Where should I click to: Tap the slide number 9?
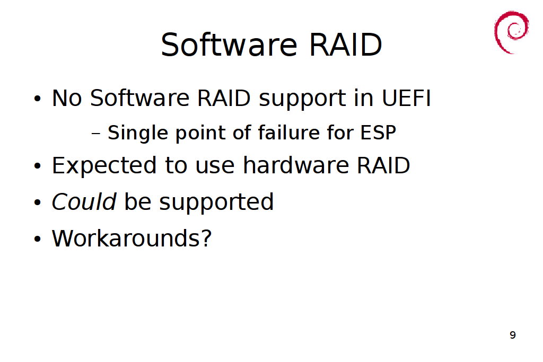click(x=513, y=335)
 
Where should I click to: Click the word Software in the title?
click(x=229, y=45)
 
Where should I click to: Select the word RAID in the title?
click(x=345, y=45)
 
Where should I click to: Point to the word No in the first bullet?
click(x=67, y=98)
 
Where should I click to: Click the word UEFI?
click(x=407, y=98)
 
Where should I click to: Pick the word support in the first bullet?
click(x=302, y=100)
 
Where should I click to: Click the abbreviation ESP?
click(x=378, y=133)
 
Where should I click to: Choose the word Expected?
click(x=104, y=166)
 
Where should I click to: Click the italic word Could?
click(x=84, y=201)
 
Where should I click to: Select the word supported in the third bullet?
click(x=216, y=203)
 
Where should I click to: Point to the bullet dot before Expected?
click(x=38, y=166)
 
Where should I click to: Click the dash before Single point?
click(x=96, y=134)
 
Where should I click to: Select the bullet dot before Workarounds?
click(x=38, y=239)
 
